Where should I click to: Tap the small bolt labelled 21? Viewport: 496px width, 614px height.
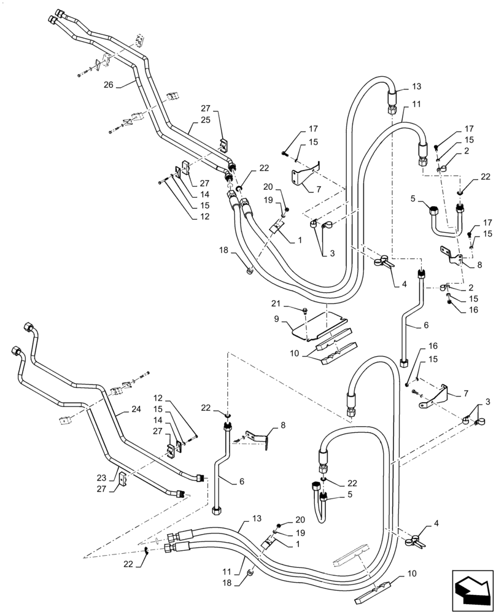(x=306, y=311)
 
